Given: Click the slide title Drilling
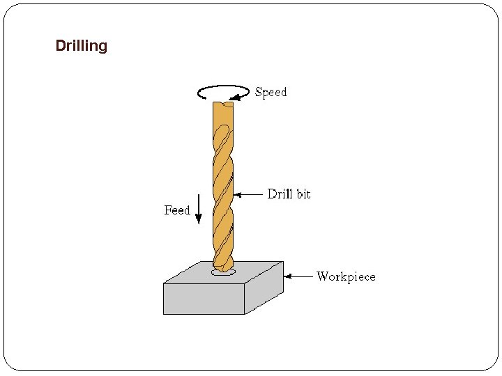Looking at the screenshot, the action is tap(81, 46).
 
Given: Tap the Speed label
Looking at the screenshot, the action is tap(271, 92).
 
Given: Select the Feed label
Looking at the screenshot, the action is tap(177, 210).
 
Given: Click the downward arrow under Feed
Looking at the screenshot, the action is tap(199, 207).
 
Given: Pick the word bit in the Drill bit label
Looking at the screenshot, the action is tap(303, 194).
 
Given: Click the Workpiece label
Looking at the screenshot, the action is tap(346, 276).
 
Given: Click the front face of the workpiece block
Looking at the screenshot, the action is tap(204, 299).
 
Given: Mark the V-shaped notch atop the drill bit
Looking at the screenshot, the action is tap(223, 104).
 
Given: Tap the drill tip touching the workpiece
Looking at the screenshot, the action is tap(222, 267).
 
